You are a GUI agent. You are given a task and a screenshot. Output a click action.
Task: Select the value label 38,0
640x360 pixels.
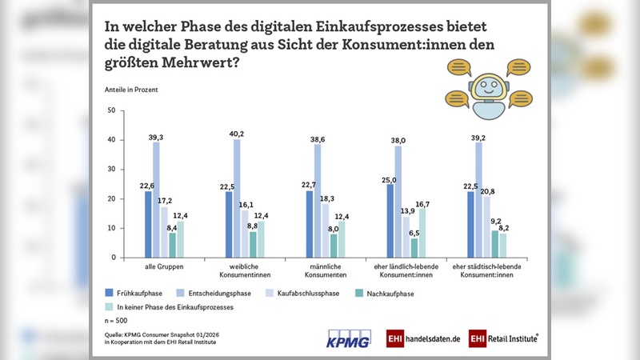[x=397, y=140]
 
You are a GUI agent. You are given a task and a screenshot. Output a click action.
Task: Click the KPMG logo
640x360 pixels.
[x=349, y=338]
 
